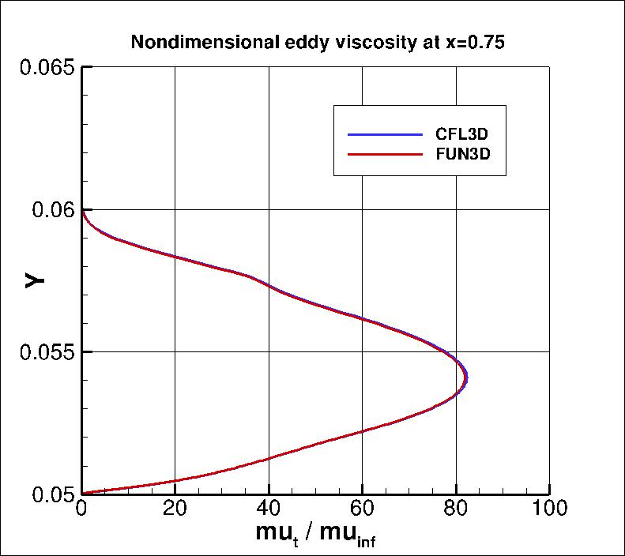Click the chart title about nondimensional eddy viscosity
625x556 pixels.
[318, 43]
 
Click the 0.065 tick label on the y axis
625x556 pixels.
[47, 68]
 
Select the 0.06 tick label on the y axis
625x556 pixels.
[53, 210]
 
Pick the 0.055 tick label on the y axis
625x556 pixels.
[47, 352]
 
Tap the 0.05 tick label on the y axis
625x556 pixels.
[53, 494]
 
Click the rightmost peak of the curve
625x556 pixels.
[467, 379]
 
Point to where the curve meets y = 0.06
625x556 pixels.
[83, 210]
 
